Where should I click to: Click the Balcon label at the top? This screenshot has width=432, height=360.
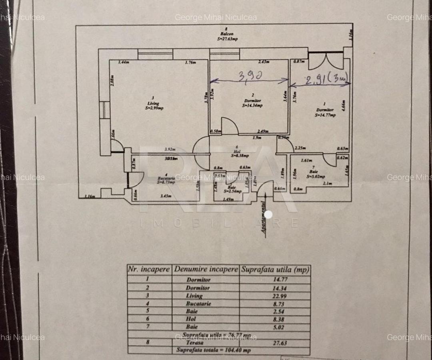click(226, 34)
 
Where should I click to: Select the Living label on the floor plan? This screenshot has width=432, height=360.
click(150, 103)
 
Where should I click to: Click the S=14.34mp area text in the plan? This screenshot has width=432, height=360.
click(252, 106)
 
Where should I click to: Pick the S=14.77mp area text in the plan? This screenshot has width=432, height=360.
click(325, 115)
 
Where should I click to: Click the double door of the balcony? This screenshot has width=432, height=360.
click(325, 61)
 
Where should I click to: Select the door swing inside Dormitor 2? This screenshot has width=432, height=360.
click(230, 126)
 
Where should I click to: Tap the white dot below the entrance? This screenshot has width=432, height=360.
click(268, 215)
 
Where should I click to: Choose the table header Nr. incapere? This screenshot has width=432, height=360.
click(149, 270)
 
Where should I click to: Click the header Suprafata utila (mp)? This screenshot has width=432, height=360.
click(275, 270)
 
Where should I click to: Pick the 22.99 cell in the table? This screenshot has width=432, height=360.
click(274, 296)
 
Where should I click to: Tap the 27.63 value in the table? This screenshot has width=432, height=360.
click(274, 343)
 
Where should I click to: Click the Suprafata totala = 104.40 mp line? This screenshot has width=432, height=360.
click(214, 350)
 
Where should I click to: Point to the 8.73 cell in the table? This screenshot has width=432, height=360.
click(274, 304)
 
